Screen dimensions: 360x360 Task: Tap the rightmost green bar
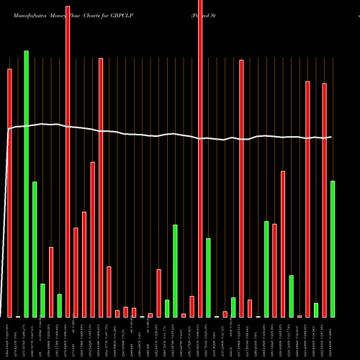[x=333, y=248]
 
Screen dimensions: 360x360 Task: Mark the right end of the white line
[x=332, y=137]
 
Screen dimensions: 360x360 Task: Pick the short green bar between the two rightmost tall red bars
[x=316, y=310]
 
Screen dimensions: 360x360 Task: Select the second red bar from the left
[x=51, y=282]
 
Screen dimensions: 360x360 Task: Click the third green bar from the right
[x=291, y=296]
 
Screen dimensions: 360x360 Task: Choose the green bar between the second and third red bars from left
[x=60, y=305]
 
